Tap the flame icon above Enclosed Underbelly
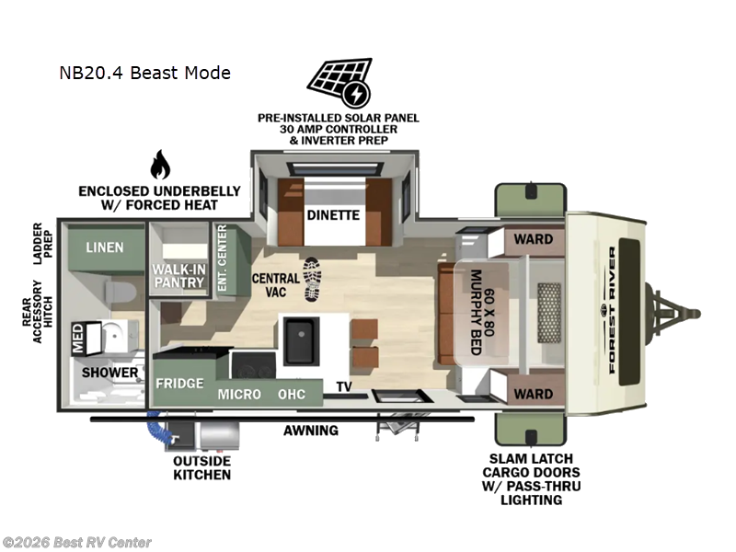(160, 166)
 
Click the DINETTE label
(334, 217)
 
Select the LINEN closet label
(105, 248)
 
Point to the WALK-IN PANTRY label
(178, 275)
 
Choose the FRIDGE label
(179, 383)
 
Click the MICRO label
(238, 395)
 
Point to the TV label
(344, 386)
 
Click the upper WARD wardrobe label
(533, 239)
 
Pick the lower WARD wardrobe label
(533, 394)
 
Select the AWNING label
(310, 430)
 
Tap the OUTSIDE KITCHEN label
(201, 467)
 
